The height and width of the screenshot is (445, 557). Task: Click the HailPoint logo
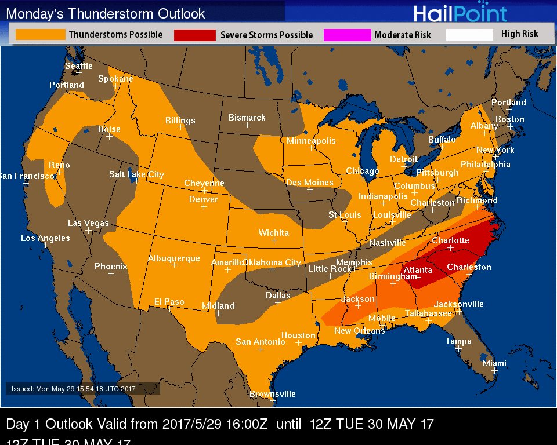tap(460, 13)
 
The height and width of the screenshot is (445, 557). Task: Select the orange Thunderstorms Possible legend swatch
tap(40, 35)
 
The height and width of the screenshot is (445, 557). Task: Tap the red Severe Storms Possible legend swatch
tap(194, 35)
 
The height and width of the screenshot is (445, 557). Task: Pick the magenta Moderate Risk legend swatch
tap(347, 35)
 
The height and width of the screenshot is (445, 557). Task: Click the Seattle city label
tap(78, 66)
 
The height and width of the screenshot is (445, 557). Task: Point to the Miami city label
tap(494, 363)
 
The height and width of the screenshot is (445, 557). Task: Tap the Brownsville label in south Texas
tap(272, 394)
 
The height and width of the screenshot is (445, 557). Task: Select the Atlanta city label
tap(418, 270)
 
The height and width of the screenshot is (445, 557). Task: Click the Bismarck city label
tap(247, 118)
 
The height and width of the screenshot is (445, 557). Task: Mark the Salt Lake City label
tap(136, 174)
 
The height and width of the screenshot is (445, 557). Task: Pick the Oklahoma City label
tap(272, 262)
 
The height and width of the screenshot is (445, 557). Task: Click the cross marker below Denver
tap(204, 207)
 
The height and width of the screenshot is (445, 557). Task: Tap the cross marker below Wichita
tap(274, 240)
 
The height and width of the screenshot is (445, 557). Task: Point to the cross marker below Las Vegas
tap(89, 230)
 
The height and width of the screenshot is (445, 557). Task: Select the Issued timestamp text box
tap(82, 389)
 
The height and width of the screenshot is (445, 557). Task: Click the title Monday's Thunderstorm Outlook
tap(105, 13)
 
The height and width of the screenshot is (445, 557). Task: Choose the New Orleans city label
tap(359, 330)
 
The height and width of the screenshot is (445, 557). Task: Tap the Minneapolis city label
tap(311, 141)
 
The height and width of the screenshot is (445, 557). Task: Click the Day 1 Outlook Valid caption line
tap(220, 424)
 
